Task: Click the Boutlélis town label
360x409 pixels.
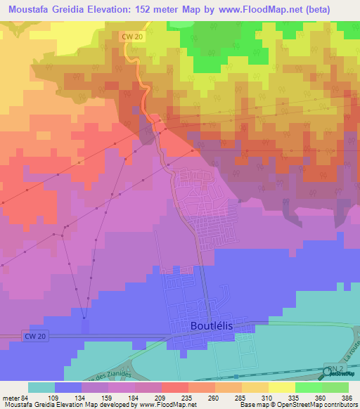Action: click(211, 326)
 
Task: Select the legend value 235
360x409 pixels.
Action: click(186, 398)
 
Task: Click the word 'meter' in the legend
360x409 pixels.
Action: click(10, 398)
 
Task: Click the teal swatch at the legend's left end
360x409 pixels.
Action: click(41, 387)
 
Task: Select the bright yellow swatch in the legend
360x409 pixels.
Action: click(281, 387)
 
